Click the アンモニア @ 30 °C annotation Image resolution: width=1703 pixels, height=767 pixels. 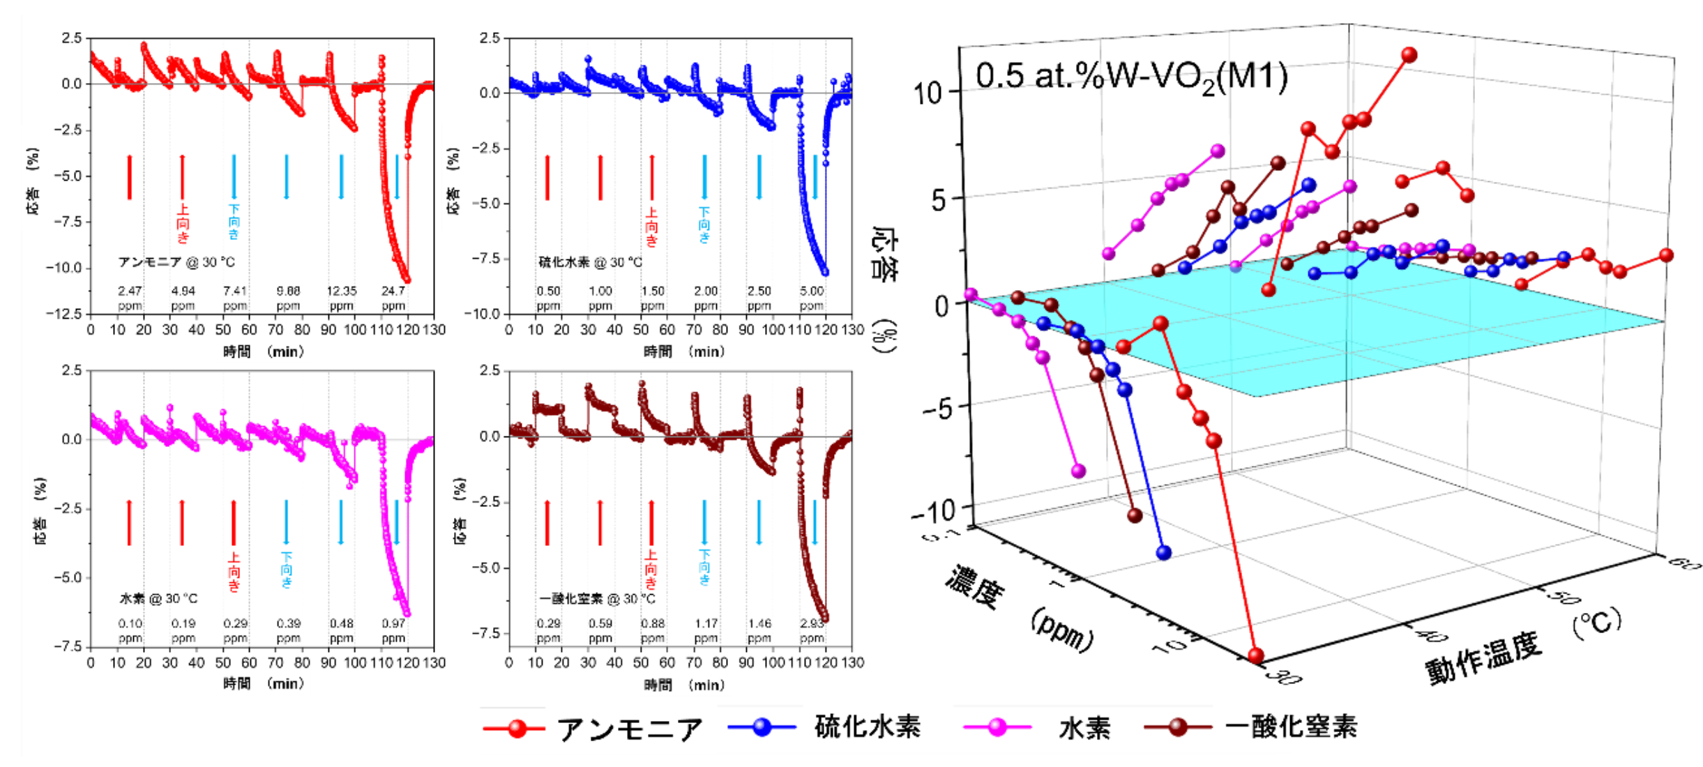coord(176,262)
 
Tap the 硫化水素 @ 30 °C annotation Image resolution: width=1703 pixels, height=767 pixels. coord(590,262)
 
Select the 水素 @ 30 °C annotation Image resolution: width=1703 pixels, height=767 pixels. coord(159,598)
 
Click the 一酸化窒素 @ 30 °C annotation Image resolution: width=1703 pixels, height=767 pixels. coord(597,598)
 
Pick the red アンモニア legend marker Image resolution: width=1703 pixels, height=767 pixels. coord(516,729)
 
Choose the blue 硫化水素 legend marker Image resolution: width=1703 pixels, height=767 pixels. coord(762,727)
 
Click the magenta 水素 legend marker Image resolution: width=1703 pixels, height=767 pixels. coord(997,727)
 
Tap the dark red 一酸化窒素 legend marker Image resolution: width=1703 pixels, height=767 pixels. coord(1178,727)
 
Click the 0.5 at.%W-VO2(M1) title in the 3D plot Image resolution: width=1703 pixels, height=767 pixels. coord(1131,77)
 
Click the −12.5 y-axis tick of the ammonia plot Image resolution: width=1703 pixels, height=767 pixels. coord(64,314)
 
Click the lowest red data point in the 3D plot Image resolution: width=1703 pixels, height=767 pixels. coord(1255,655)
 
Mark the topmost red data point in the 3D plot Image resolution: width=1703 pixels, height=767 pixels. coord(1409,55)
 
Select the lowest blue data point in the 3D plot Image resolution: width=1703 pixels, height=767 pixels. coord(1163,553)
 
